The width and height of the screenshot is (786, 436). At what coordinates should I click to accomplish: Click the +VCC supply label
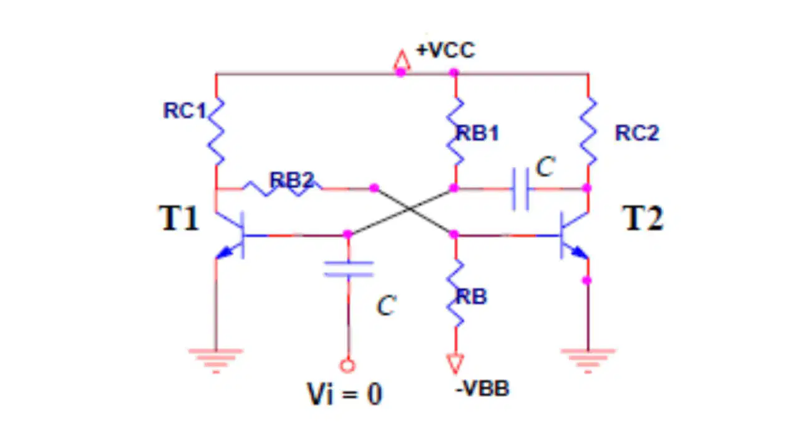click(x=445, y=50)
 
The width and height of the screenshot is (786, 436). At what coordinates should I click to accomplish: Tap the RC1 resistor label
click(x=184, y=110)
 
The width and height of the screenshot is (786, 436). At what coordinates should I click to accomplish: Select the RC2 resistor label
click(x=637, y=133)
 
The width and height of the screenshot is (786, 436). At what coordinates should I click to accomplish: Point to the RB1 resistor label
click(x=477, y=133)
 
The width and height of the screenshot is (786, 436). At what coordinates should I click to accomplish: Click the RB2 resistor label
click(x=292, y=180)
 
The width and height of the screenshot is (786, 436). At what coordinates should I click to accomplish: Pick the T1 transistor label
click(x=179, y=218)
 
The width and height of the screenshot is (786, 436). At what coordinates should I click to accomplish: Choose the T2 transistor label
click(x=643, y=218)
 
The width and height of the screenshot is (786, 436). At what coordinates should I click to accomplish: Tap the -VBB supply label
click(x=482, y=389)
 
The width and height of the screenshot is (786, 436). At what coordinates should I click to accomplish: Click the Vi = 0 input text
click(x=344, y=394)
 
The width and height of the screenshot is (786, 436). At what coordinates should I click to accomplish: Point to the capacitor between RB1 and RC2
click(x=521, y=189)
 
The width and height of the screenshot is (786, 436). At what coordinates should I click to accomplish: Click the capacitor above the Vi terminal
click(x=349, y=269)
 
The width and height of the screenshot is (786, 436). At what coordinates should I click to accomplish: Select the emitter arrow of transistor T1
click(x=224, y=252)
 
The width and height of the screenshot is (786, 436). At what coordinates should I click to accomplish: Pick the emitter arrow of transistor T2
click(x=580, y=252)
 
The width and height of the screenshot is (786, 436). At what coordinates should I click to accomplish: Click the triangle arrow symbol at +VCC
click(x=402, y=61)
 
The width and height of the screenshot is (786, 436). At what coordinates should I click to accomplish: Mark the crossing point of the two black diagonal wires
click(x=409, y=209)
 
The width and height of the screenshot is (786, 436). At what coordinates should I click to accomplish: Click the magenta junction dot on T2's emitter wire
click(x=587, y=280)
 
